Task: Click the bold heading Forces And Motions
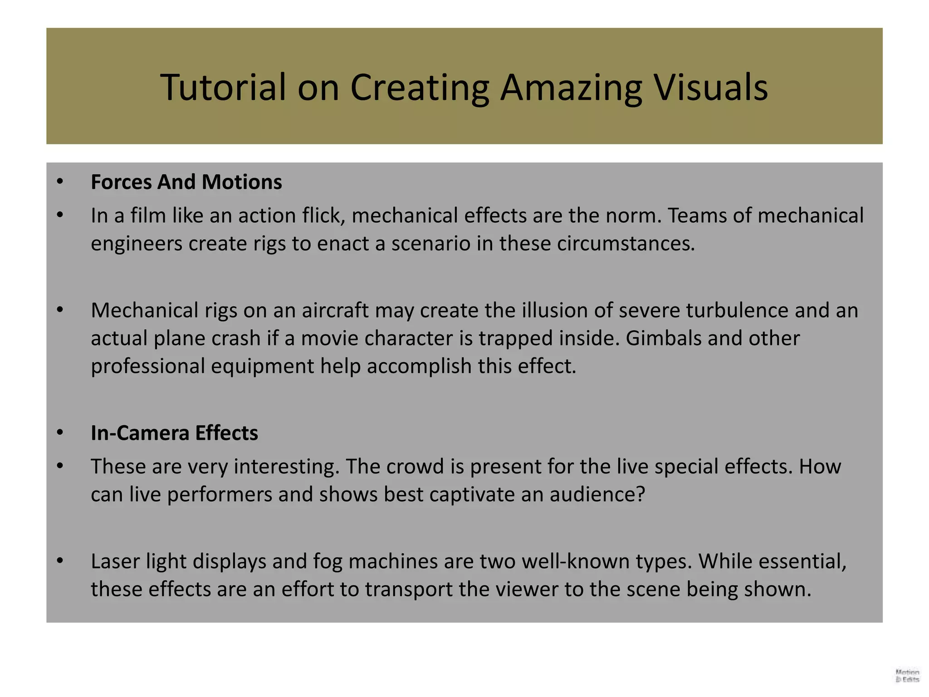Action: [186, 182]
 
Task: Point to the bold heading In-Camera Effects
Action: [174, 433]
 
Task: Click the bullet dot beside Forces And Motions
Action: [60, 182]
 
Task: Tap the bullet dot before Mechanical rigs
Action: [60, 310]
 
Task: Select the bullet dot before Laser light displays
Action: [60, 561]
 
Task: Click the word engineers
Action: [137, 244]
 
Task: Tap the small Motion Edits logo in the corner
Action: [907, 676]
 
